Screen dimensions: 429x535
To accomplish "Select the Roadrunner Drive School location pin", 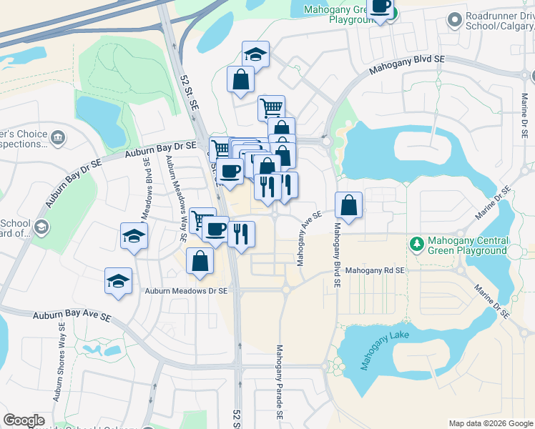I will click(453, 21).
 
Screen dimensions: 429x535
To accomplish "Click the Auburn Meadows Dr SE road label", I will click(185, 291).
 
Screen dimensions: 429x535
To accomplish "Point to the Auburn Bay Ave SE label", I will click(72, 316).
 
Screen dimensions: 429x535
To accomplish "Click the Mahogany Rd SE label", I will click(375, 271).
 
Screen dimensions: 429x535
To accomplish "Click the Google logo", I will click(24, 420).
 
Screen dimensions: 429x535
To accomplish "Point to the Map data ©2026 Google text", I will click(491, 423).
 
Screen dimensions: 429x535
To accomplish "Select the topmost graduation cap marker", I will click(254, 54).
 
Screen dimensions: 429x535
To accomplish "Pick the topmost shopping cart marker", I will click(271, 109).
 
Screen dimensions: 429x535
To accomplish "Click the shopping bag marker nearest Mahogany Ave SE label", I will click(348, 205).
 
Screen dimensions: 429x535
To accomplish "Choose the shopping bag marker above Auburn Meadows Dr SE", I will click(200, 261).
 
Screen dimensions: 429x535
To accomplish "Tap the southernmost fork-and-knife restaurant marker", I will click(241, 233).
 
